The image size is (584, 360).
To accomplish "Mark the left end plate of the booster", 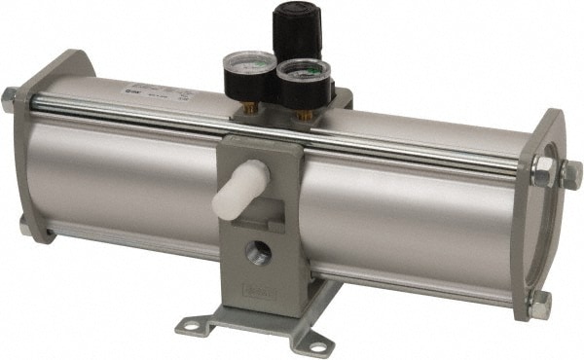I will click(37, 146).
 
